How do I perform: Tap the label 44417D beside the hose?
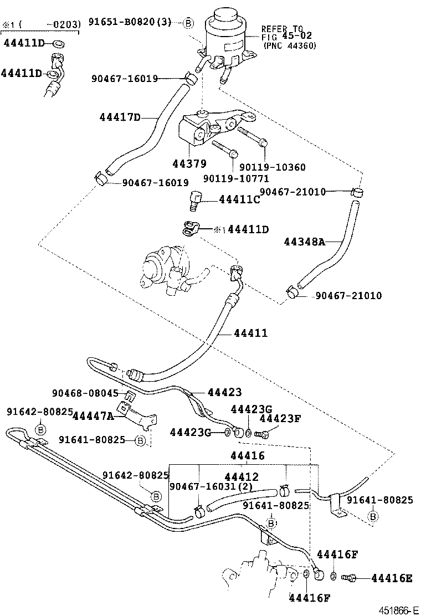coord(120,117)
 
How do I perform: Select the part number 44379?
coord(189,163)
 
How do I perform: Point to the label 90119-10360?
coord(272,167)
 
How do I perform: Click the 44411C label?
coord(239,199)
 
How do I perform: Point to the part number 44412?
coord(242,476)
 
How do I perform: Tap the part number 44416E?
coord(392,578)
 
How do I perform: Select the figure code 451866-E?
coord(397,610)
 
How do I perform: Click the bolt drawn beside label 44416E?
coord(350,578)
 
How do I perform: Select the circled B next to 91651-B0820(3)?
coord(188,23)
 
